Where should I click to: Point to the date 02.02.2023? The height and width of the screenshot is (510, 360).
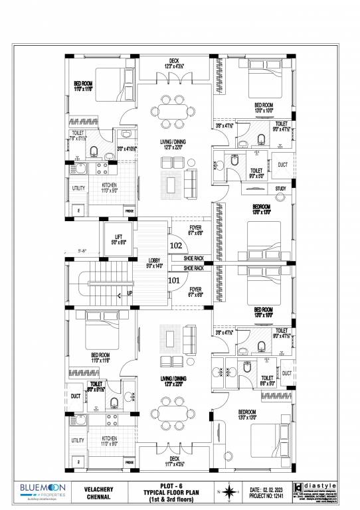click(x=272, y=489)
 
